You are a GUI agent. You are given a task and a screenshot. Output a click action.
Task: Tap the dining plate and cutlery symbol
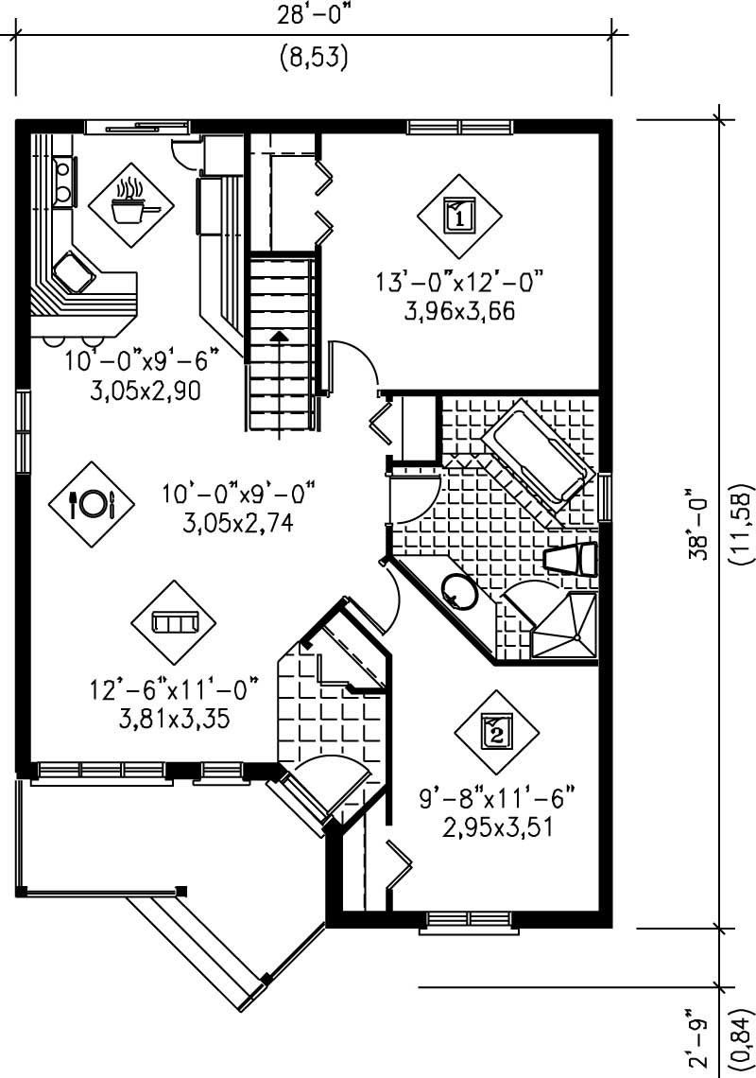point(92,503)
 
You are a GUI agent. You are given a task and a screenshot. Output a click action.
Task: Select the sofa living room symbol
point(174,621)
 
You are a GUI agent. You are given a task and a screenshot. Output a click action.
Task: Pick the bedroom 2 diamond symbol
point(497,731)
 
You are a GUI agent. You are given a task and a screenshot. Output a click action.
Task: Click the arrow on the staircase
point(279,336)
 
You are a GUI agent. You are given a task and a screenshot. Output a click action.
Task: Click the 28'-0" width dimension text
point(315,16)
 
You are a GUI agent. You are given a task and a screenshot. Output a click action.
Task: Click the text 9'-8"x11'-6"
point(497,799)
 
